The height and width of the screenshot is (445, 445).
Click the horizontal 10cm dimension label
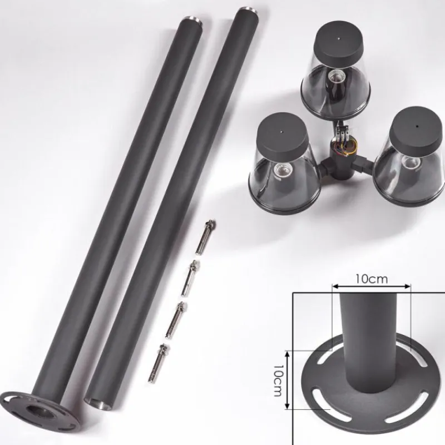[372, 279]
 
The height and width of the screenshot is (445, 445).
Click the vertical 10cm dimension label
[278, 380]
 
